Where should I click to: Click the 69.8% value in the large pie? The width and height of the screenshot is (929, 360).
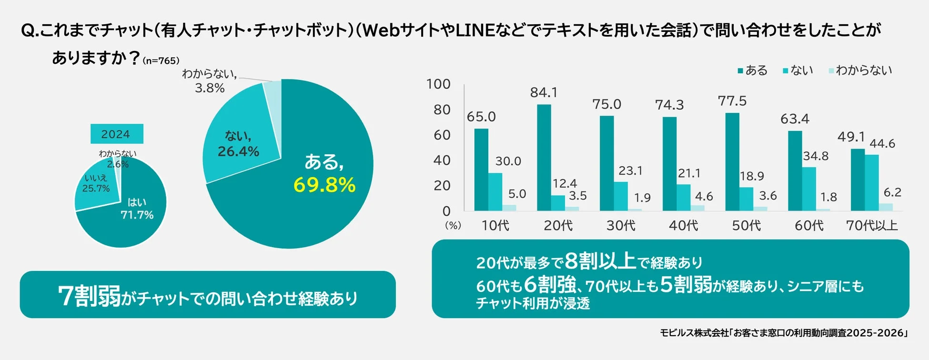[x=324, y=185]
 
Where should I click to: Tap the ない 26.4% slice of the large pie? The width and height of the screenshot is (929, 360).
[x=238, y=145]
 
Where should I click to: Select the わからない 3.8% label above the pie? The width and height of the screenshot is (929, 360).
[x=209, y=81]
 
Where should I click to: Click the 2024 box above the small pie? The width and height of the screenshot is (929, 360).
[x=117, y=134]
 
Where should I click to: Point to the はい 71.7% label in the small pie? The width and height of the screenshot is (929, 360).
[x=137, y=209]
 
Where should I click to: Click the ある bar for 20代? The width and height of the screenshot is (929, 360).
[x=544, y=157]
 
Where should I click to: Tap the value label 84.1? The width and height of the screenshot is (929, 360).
[x=544, y=92]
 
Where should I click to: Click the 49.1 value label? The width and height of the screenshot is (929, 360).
[x=851, y=137]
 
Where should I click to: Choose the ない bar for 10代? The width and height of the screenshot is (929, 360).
[x=495, y=191]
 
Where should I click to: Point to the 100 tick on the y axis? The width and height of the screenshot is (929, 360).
[x=438, y=84]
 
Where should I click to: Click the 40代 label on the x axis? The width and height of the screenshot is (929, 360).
[x=683, y=225]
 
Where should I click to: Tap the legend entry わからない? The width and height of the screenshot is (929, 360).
[x=863, y=70]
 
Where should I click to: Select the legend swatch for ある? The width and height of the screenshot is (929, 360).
[x=740, y=71]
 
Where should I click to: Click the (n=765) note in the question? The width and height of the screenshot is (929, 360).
[x=161, y=61]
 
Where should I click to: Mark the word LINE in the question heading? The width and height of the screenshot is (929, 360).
[x=475, y=30]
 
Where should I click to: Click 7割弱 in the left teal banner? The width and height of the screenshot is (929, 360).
[x=89, y=296]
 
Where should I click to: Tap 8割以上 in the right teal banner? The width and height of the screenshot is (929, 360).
[x=600, y=261]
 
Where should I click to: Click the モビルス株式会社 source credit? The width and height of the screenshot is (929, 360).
[x=694, y=333]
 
